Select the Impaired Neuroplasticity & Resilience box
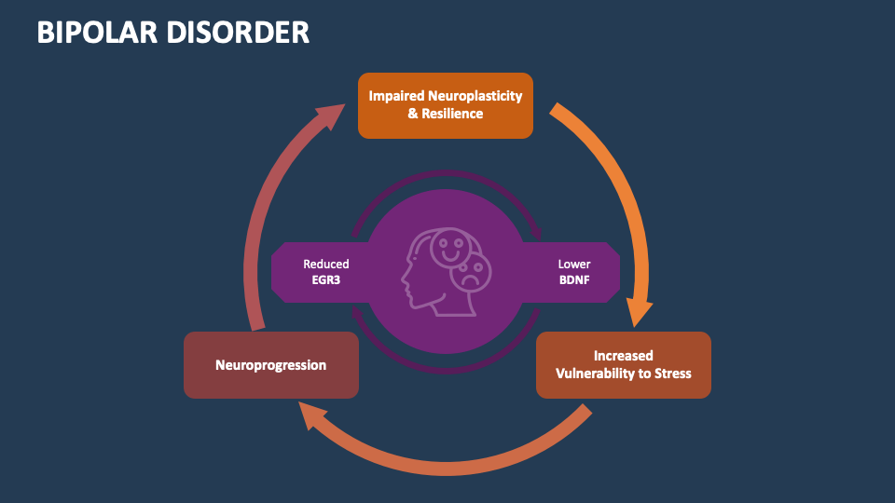446,105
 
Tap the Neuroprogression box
271,365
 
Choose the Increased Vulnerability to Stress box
624,364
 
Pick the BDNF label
574,279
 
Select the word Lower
574,265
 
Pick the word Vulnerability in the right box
599,374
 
